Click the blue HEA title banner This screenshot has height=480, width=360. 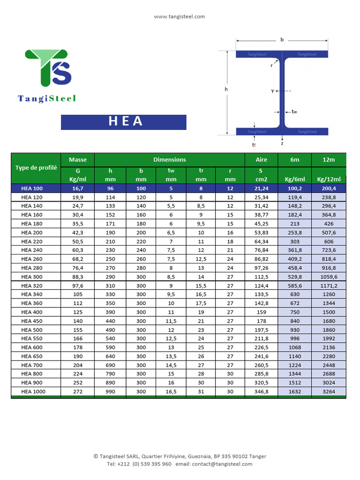click(124, 122)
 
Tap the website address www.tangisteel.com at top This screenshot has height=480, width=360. click(180, 16)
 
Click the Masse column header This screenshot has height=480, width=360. click(78, 159)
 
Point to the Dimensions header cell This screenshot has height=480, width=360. click(170, 159)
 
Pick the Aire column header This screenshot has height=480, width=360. click(261, 159)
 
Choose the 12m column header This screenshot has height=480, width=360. click(329, 159)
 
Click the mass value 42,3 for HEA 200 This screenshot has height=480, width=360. click(78, 232)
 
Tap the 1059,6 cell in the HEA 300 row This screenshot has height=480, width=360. click(329, 277)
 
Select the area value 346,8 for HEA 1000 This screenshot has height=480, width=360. click(261, 391)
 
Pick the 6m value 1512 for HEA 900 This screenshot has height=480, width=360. click(295, 382)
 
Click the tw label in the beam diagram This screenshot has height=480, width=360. click(294, 112)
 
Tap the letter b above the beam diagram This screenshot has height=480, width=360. click(282, 40)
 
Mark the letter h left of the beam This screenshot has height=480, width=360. click(226, 89)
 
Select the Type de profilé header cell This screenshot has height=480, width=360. click(36, 168)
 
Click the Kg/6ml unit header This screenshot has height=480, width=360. click(295, 179)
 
